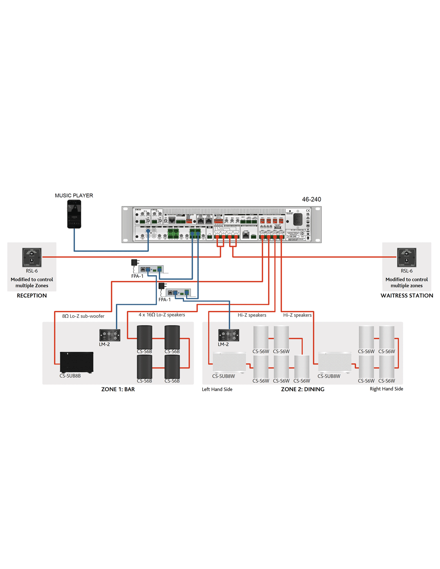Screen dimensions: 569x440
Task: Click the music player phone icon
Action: [x=74, y=214]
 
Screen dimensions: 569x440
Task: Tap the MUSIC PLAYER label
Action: [x=74, y=196]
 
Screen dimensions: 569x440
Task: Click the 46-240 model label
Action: [x=311, y=199]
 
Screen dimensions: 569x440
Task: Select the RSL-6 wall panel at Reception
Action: [x=32, y=257]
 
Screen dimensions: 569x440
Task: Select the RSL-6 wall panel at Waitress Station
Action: [x=406, y=257]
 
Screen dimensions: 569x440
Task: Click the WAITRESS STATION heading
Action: [x=406, y=296]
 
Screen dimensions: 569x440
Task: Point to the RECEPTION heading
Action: [x=32, y=296]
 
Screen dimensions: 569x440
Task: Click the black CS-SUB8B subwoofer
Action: [x=76, y=362]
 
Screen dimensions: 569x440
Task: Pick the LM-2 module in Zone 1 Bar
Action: [x=110, y=335]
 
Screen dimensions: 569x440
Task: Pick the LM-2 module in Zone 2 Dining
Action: [x=228, y=335]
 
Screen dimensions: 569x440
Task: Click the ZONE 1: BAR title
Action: [x=118, y=389]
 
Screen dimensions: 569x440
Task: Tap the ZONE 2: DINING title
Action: [x=302, y=389]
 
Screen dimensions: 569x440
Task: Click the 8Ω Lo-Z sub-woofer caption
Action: [x=83, y=316]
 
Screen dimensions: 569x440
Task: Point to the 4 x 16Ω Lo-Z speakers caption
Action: [x=162, y=315]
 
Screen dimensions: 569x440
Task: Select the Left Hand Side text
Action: [x=217, y=389]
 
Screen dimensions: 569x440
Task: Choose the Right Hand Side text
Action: [x=386, y=389]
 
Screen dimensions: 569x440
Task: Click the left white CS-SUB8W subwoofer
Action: [x=229, y=362]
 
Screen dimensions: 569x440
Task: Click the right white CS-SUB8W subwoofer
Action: [x=334, y=362]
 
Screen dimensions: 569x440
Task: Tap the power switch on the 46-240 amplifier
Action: [x=298, y=219]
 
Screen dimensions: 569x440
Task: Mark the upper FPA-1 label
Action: [x=137, y=276]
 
